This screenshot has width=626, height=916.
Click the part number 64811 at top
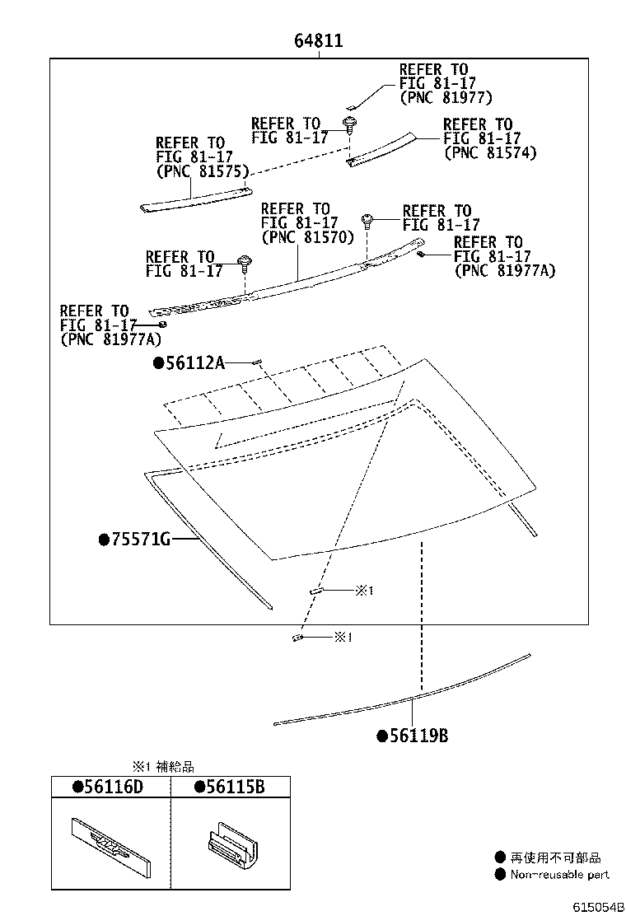click(319, 40)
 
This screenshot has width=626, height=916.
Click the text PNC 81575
click(203, 171)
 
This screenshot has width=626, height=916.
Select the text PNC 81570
click(307, 237)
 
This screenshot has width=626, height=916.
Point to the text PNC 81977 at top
click(446, 97)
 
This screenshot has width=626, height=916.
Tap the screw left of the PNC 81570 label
click(245, 263)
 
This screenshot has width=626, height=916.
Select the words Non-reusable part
click(559, 874)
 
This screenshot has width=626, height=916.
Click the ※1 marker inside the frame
click(365, 590)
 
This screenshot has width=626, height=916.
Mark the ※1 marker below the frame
click(343, 637)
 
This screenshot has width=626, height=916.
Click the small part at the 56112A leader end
click(257, 362)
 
